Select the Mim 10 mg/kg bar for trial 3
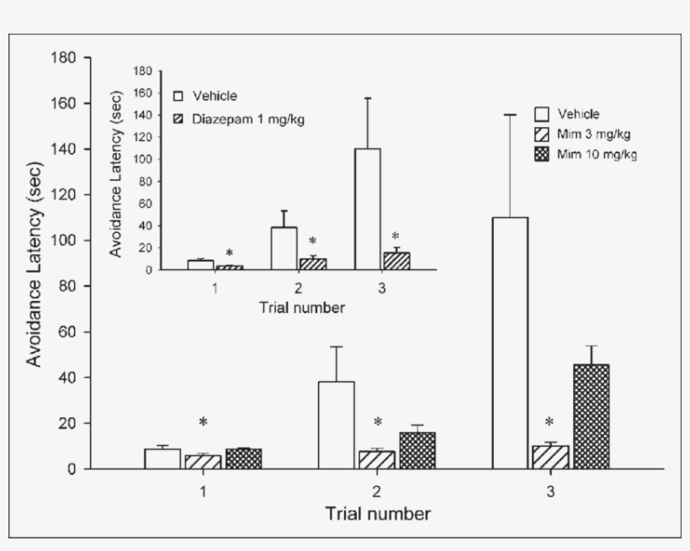tap(592, 416)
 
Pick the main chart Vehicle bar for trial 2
tap(337, 425)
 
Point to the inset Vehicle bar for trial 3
tap(367, 209)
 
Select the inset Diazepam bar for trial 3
tap(396, 261)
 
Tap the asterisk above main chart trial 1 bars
tap(203, 422)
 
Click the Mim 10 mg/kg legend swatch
tap(543, 153)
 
